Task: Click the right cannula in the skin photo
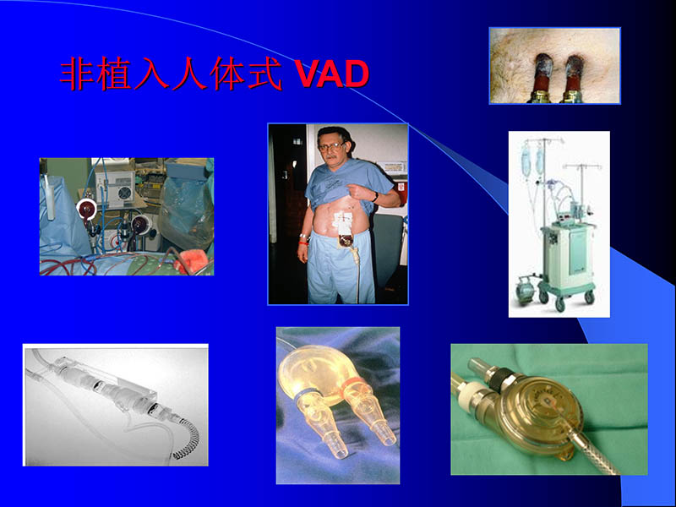pyautogui.click(x=575, y=74)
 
